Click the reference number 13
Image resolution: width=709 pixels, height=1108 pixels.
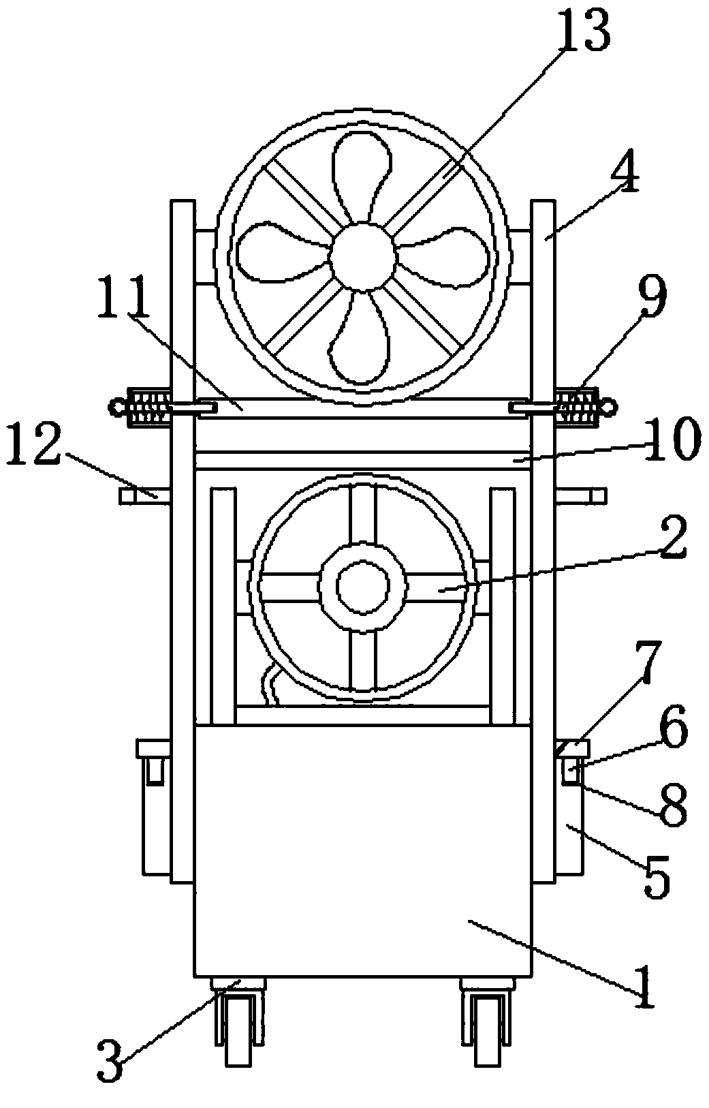[x=584, y=32]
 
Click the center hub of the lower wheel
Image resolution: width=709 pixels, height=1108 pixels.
[x=363, y=587]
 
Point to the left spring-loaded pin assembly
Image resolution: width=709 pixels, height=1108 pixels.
[x=146, y=407]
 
